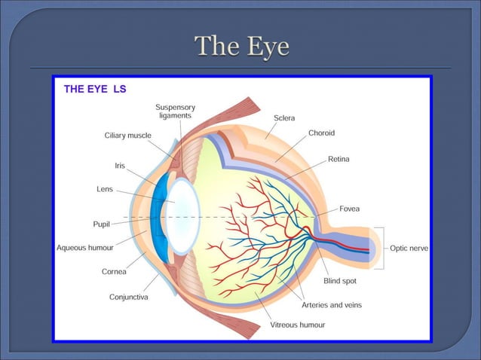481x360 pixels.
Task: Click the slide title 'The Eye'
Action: point(241,47)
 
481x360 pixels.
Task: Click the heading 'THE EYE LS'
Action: point(95,89)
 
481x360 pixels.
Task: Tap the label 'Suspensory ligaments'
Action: point(175,111)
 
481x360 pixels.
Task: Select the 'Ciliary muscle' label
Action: point(127,136)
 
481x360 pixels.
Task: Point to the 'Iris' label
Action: point(120,164)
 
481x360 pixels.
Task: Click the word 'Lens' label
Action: point(105,189)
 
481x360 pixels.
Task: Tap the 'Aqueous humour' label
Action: point(84,248)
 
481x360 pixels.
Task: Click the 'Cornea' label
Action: point(114,272)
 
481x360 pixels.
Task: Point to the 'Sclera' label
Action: point(284,118)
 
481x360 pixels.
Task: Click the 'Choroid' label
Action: point(321,133)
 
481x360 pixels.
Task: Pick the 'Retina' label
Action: point(339,159)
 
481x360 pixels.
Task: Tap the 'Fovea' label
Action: point(349,208)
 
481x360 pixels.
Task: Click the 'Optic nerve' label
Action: point(409,248)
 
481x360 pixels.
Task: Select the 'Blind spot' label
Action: point(339,281)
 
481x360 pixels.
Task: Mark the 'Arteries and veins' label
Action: point(331,305)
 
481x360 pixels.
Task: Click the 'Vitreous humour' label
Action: point(298,325)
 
